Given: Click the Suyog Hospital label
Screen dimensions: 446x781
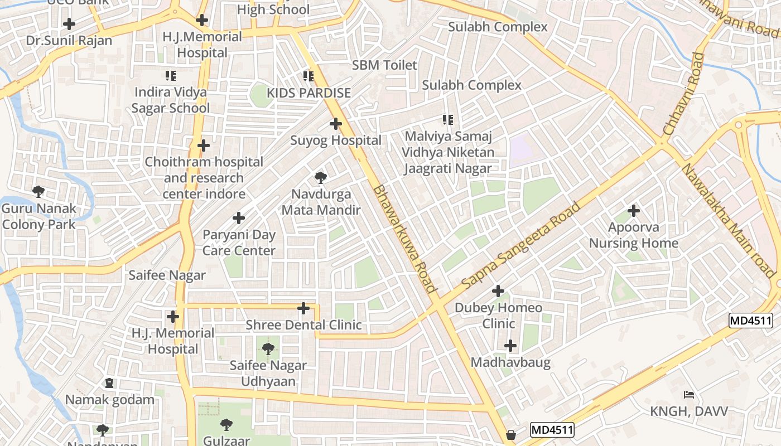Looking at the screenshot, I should [x=336, y=140].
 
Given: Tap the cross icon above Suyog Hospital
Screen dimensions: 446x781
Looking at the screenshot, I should [x=336, y=124].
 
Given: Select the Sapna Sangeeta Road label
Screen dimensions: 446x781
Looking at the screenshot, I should [x=522, y=245].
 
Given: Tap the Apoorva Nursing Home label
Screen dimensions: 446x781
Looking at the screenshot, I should [x=634, y=235].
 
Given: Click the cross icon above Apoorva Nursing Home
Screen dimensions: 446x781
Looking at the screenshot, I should [x=634, y=211].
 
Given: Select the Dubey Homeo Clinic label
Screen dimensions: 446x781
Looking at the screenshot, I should [x=498, y=316].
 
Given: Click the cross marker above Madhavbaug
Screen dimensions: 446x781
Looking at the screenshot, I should [x=510, y=346].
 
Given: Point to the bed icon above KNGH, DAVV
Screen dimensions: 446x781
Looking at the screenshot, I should [x=689, y=395].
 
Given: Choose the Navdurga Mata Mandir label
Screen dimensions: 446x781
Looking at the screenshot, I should [x=321, y=202].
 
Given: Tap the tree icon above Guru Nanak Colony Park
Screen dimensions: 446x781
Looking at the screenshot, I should [x=38, y=192].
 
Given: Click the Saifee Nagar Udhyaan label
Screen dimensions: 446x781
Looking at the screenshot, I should [x=268, y=374].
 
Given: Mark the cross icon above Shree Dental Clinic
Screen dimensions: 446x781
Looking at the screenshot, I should [x=303, y=308].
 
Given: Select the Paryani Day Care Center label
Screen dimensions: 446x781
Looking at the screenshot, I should [x=239, y=243].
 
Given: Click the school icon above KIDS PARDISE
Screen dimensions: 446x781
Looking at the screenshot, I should [x=308, y=76].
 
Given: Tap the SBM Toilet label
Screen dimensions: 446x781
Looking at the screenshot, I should [x=384, y=65].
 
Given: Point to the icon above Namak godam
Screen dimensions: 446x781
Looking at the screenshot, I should [x=109, y=384].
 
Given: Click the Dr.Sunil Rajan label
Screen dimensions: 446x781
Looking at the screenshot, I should [x=69, y=41].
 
